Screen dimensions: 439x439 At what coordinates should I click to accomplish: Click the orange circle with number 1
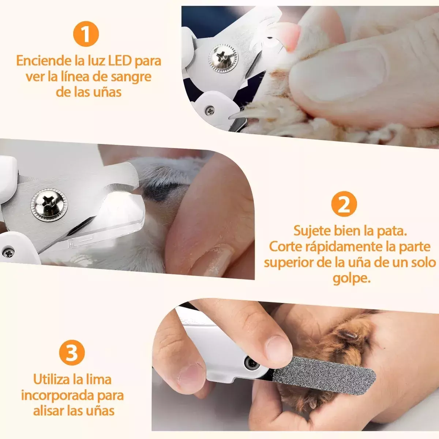pyautogui.click(x=86, y=34)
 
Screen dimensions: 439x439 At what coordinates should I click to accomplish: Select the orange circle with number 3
pyautogui.click(x=72, y=353)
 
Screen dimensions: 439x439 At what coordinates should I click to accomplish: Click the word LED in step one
pyautogui.click(x=119, y=60)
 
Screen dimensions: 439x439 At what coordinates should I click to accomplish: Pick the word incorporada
pyautogui.click(x=59, y=395)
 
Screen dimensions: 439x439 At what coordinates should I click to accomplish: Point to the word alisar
pyautogui.click(x=49, y=410)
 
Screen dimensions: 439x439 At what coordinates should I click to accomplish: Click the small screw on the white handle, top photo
pyautogui.click(x=210, y=110)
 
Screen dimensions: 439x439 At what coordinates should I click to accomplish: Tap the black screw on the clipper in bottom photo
pyautogui.click(x=252, y=363)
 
